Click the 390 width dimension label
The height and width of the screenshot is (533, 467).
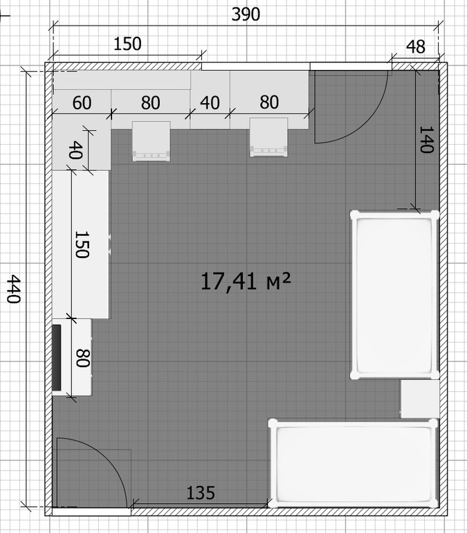(246, 15)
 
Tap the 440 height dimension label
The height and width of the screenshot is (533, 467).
(15, 289)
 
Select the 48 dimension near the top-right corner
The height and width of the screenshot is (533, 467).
(416, 46)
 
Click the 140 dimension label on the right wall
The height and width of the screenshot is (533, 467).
(427, 140)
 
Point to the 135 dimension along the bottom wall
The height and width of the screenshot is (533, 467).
(201, 493)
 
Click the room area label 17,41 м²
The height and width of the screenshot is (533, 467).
(246, 282)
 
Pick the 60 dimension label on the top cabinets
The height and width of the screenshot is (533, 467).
(82, 102)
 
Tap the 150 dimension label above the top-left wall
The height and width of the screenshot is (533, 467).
(127, 44)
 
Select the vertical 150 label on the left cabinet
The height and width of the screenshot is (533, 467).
(82, 245)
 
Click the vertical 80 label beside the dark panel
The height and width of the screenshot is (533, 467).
(82, 358)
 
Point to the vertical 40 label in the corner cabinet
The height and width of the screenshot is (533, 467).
(75, 150)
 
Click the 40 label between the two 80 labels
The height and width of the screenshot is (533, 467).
(210, 102)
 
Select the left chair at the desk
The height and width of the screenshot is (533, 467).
(151, 141)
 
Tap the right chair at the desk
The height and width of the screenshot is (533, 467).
(268, 137)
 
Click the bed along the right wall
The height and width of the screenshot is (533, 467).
(394, 295)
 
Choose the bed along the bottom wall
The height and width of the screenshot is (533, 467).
(354, 463)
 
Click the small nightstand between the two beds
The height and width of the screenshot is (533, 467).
(420, 399)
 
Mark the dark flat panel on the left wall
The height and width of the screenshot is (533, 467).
(56, 358)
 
